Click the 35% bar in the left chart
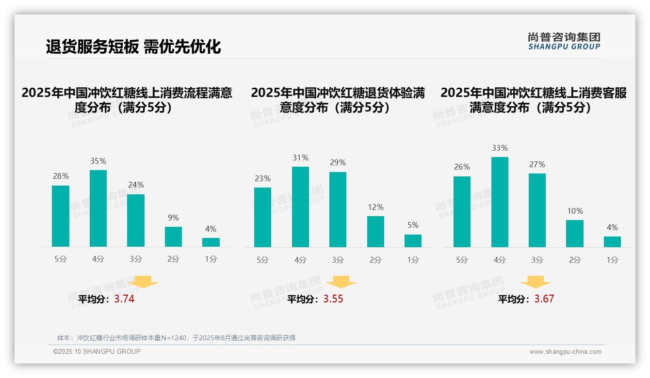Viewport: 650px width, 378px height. pos(98,208)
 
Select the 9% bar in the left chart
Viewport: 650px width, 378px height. pos(173,236)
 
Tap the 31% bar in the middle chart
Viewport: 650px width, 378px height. pos(300,207)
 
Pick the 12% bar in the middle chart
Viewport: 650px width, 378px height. pos(375,231)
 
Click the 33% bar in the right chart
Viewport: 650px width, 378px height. pos(500,202)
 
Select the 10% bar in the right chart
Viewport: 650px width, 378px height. pos(575,234)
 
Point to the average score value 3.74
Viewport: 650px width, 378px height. pos(124,299)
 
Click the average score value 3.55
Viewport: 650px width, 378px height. pos(333,299)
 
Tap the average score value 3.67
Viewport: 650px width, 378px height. pos(544,299)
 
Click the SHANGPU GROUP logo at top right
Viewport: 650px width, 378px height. pos(564,41)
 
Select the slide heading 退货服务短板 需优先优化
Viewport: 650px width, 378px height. pos(133,47)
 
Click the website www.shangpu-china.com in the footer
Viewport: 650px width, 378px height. pos(565,352)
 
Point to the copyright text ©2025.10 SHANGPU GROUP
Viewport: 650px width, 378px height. pos(97,351)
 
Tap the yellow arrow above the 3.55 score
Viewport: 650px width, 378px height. pos(341,282)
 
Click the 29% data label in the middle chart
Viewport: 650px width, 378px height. pos(338,162)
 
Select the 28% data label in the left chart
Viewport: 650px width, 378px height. pos(61,176)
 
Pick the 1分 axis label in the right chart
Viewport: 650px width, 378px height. pos(612,260)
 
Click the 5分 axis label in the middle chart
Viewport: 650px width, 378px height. pos(262,260)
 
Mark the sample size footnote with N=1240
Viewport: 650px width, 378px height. pos(176,338)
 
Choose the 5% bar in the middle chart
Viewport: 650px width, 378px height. pos(413,241)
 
